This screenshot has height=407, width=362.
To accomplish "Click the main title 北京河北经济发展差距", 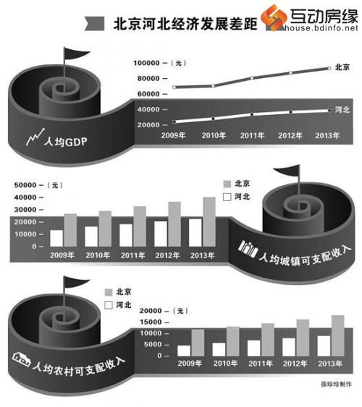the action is click(x=185, y=24).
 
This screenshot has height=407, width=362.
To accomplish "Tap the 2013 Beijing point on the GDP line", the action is click(x=329, y=68).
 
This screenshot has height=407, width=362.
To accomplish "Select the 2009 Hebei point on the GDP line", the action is click(x=174, y=121).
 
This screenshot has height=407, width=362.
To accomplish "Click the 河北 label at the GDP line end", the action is click(x=342, y=110).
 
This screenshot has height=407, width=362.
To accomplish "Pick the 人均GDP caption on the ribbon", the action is click(x=65, y=142).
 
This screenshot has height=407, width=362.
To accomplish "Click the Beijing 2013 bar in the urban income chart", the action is click(x=209, y=222).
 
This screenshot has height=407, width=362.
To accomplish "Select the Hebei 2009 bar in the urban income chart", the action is click(x=56, y=238).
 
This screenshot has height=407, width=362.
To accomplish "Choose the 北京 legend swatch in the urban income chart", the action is click(x=227, y=184).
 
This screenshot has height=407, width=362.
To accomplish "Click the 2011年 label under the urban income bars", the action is click(x=132, y=255).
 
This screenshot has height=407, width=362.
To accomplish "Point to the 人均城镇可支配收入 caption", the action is click(x=305, y=256).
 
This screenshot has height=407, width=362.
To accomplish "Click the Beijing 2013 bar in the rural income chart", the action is click(x=338, y=335).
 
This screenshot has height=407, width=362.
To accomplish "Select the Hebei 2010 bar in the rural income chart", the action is click(x=219, y=349).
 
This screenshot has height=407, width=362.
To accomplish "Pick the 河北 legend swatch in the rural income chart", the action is click(x=109, y=305).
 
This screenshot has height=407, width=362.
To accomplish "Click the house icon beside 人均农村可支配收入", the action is click(x=21, y=359).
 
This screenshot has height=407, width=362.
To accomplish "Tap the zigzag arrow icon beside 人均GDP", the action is click(x=35, y=137).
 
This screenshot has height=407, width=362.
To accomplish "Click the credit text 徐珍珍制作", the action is click(x=337, y=384).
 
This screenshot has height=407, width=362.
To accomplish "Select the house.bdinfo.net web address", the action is click(x=321, y=28).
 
